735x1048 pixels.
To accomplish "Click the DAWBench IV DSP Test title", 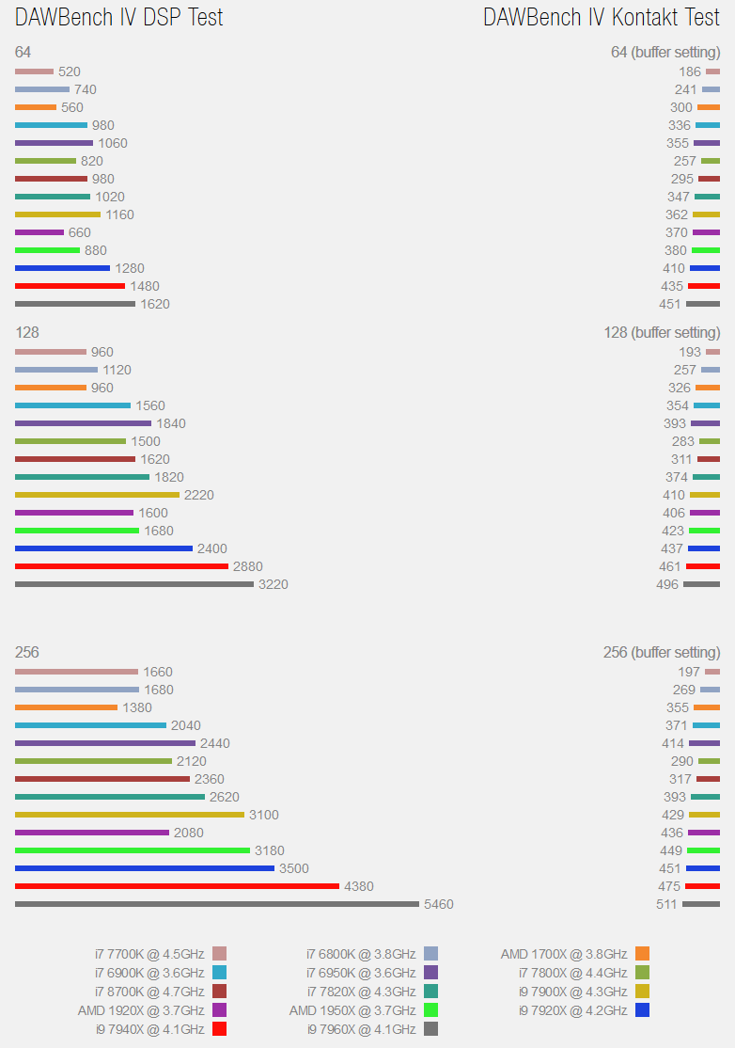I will [119, 17].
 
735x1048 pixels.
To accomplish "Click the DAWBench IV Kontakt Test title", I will [602, 17].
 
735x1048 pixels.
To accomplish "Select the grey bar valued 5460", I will [217, 904].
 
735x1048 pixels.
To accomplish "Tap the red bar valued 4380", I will [177, 886].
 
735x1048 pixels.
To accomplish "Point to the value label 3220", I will [273, 584].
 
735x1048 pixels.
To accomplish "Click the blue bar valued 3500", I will [145, 868].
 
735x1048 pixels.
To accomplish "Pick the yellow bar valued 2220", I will [97, 495].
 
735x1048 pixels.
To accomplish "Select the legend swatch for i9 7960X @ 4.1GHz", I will [431, 1029].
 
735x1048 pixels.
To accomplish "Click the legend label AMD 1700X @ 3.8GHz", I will [564, 954].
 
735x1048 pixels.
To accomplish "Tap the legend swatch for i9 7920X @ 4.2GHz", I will [643, 1010].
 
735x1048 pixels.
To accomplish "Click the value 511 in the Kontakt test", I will [666, 904].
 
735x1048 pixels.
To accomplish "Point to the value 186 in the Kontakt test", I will [690, 71].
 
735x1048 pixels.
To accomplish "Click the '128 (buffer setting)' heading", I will [662, 332].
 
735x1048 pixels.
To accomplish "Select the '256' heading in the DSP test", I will [27, 652].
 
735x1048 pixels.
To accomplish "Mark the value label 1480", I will [145, 286].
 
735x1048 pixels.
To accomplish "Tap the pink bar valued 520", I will [34, 71].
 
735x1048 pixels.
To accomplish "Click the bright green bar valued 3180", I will [133, 850].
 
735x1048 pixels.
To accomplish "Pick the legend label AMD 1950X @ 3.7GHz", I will [352, 1010].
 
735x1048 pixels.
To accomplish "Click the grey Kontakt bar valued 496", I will [701, 584].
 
